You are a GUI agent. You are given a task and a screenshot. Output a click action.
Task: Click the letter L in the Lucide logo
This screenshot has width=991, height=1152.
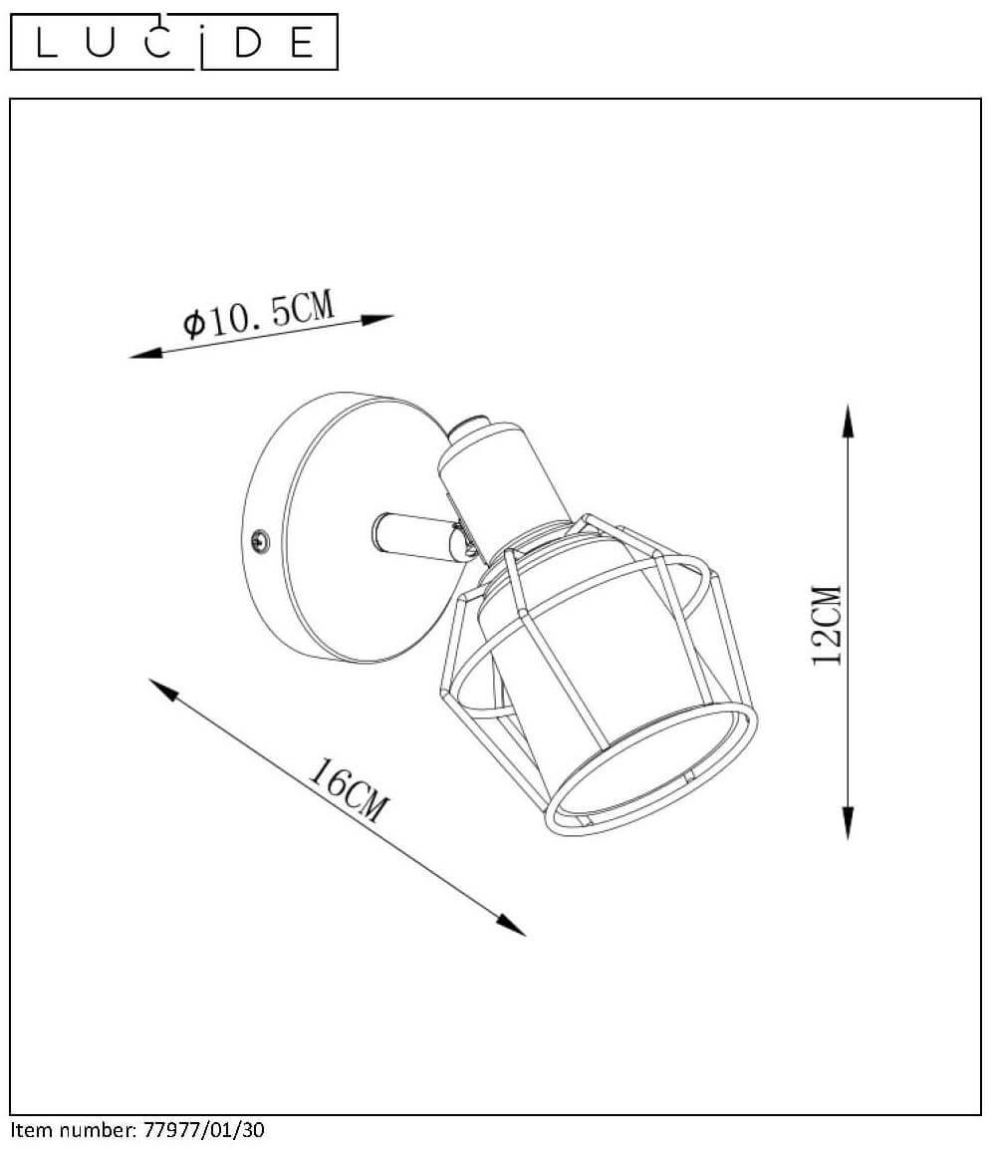tap(46, 43)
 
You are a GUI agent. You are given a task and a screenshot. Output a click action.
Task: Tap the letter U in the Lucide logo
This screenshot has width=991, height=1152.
tap(100, 43)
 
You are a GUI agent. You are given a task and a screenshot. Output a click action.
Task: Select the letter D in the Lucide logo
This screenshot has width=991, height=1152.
tap(248, 43)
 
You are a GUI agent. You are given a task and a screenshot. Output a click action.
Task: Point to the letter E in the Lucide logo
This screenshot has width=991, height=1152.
tap(303, 43)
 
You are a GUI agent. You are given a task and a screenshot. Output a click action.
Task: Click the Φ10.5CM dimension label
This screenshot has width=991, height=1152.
tap(258, 314)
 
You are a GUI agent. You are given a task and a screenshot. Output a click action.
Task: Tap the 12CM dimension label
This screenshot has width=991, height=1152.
tap(828, 625)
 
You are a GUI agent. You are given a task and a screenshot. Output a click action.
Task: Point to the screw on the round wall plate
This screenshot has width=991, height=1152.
tap(260, 541)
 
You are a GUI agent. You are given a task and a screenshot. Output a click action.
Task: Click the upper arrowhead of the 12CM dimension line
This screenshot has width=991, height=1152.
tap(849, 421)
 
